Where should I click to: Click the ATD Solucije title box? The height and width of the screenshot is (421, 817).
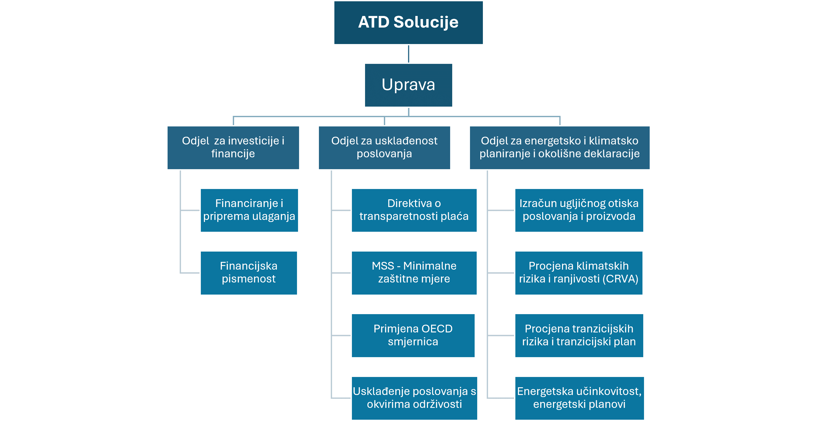408,22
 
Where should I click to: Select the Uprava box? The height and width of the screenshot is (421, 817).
408,85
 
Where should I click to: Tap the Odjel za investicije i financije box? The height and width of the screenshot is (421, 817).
233,148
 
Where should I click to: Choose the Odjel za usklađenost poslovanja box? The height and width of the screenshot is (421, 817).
384,148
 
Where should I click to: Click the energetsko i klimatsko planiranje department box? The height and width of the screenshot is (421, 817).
560,148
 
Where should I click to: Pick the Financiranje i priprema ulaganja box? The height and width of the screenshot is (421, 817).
249,210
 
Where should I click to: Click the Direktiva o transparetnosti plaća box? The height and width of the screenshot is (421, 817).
414,210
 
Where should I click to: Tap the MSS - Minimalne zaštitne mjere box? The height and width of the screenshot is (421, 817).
414,273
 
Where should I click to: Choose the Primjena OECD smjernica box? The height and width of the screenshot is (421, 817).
413,336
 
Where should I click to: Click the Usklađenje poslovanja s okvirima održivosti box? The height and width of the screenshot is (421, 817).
415,398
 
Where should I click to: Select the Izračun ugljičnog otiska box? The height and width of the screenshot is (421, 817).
579,210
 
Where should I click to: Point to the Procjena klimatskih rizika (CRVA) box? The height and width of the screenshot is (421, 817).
579,273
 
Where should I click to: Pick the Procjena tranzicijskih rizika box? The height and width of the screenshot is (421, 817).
579,336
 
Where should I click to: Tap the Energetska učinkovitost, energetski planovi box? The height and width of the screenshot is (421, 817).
580,398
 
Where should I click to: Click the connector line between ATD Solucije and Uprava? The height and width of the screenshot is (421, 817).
408,54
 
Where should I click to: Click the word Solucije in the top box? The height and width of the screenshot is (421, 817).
426,22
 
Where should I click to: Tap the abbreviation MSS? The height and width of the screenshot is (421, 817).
383,266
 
